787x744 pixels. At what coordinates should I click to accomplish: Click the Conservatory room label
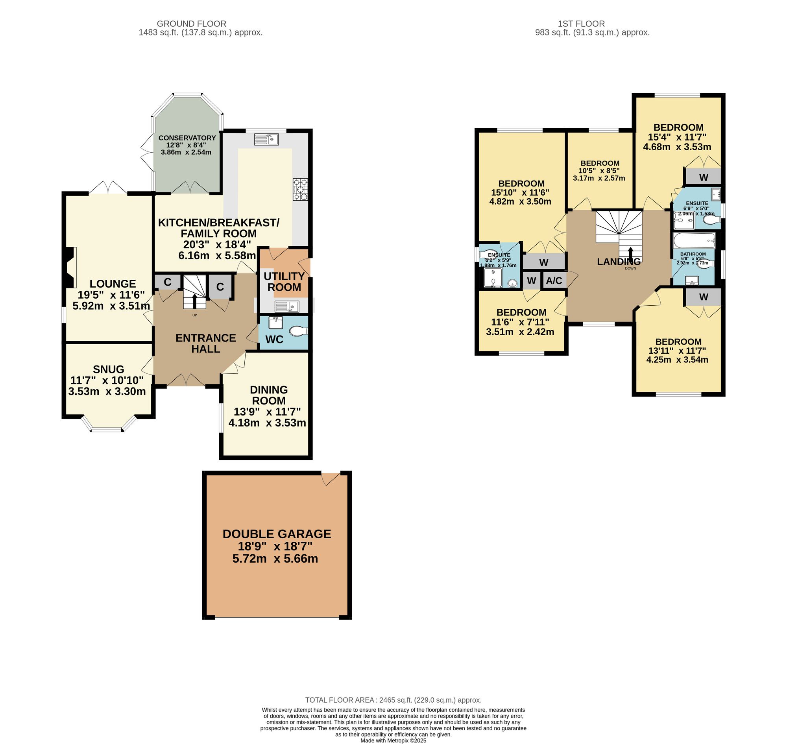(187, 138)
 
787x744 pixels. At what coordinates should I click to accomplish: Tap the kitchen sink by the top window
(266, 139)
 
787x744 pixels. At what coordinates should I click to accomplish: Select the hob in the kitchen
(300, 189)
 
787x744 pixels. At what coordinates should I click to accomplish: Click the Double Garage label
(277, 534)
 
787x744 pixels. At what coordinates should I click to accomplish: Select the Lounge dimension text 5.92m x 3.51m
(111, 306)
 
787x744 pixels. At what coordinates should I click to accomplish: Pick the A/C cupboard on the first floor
(554, 281)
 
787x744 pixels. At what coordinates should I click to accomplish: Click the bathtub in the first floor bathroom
(694, 240)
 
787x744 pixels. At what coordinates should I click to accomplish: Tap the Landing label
(619, 261)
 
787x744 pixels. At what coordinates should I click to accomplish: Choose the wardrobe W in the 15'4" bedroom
(703, 177)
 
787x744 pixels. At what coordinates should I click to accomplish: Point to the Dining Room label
(268, 395)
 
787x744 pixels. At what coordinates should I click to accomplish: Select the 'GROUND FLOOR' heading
(192, 24)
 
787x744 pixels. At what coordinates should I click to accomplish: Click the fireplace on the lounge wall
(70, 267)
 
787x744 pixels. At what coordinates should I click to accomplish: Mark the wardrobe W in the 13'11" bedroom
(703, 297)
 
